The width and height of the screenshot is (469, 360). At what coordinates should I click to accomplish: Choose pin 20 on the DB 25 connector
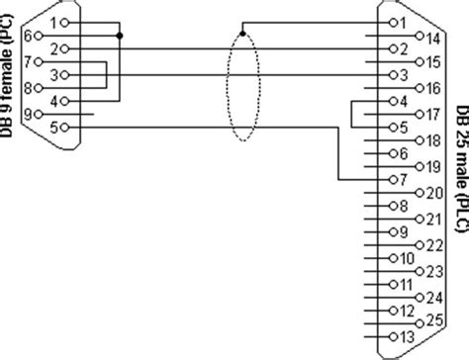coord(416,192)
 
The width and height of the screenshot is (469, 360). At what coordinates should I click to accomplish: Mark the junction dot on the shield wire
coord(241,36)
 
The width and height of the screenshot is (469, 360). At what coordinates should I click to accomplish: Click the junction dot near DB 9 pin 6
coord(119,36)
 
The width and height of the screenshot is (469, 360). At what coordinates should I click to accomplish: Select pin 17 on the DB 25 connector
coord(416,114)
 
